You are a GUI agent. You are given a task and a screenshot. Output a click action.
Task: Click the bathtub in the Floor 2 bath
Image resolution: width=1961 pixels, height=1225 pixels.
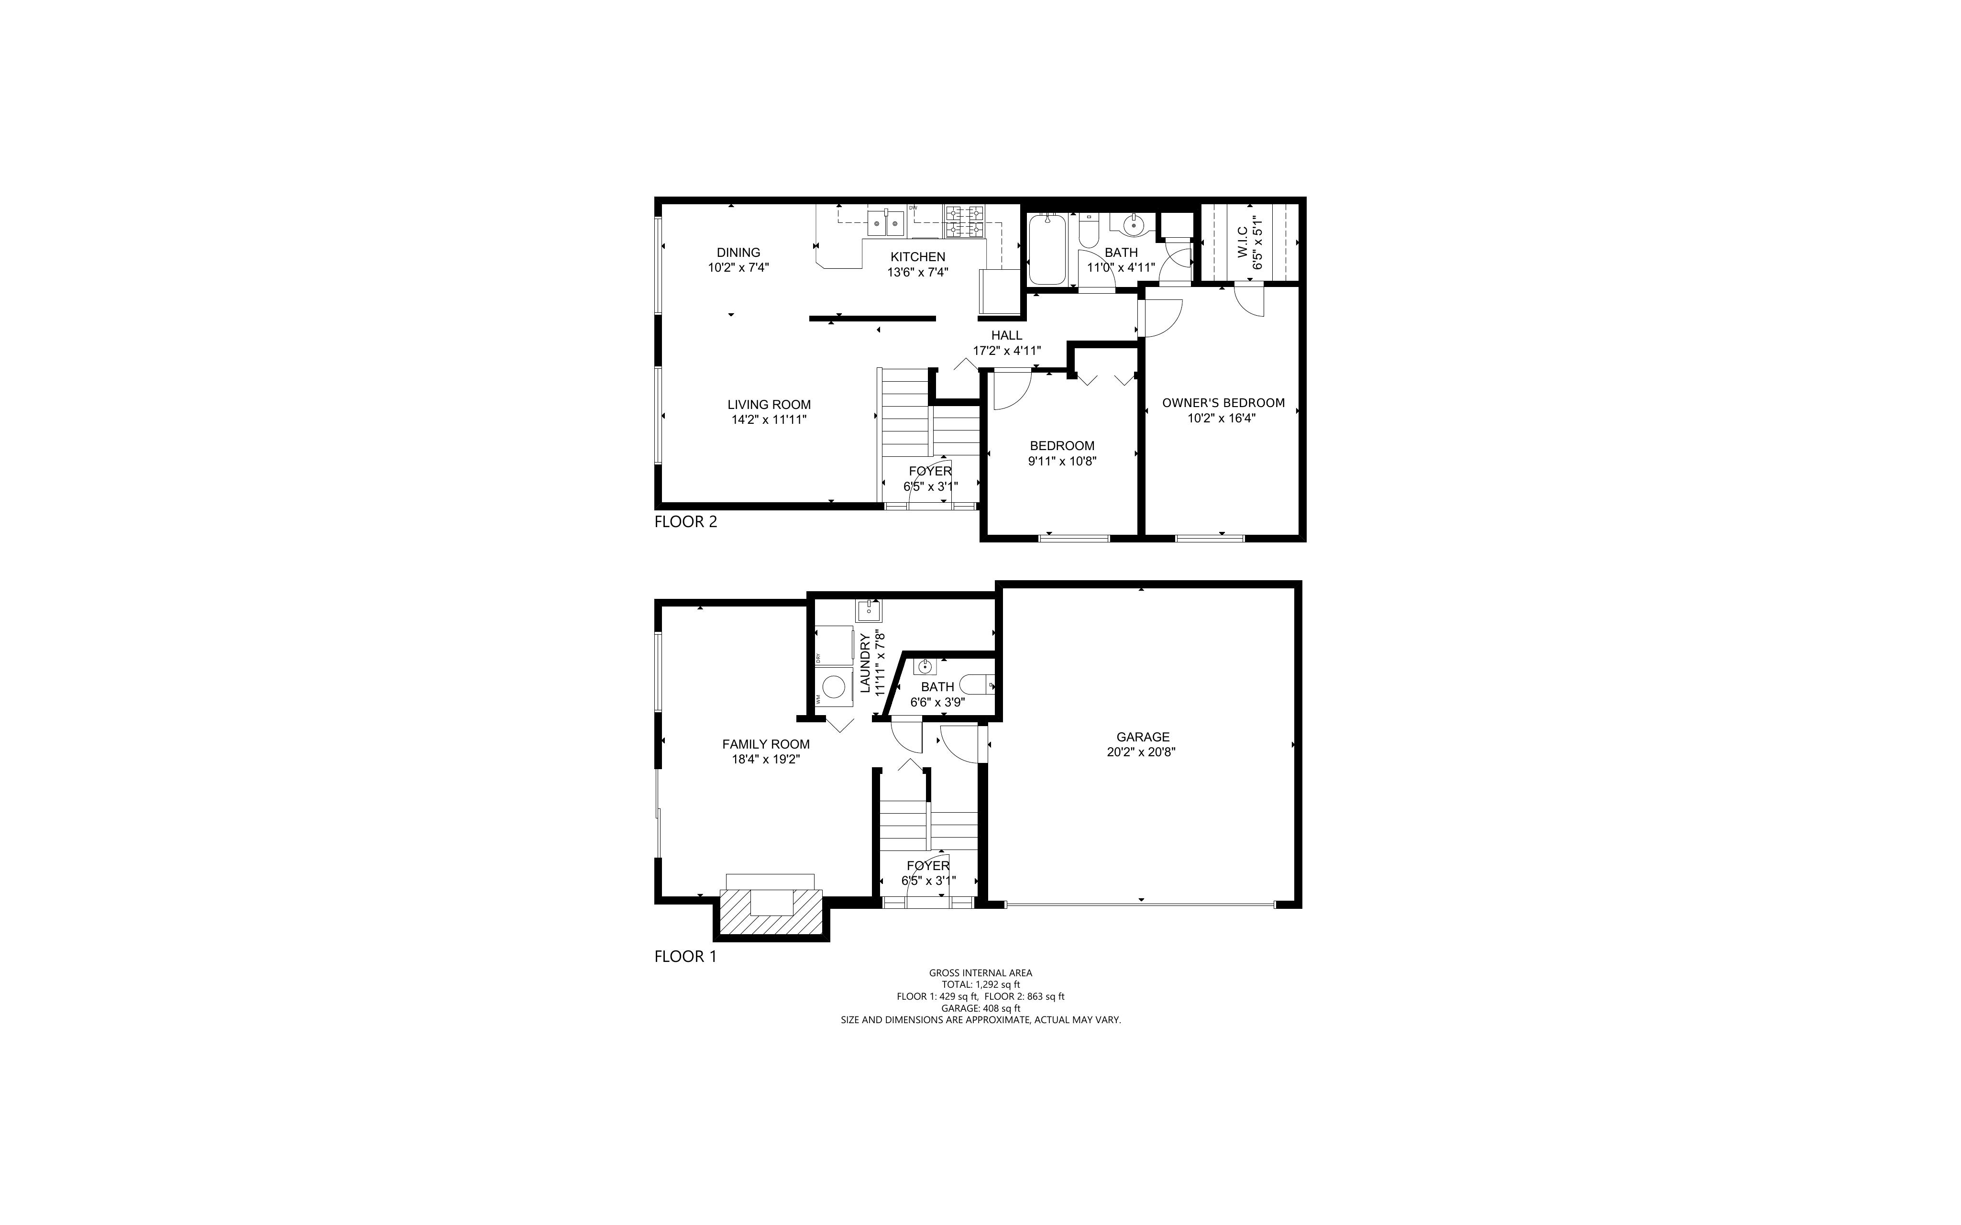tap(1047, 250)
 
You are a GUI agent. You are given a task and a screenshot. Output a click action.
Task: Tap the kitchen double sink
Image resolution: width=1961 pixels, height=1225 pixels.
tap(885, 221)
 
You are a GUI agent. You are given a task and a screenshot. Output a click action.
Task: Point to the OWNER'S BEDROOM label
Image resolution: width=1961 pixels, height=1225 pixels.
tap(1223, 403)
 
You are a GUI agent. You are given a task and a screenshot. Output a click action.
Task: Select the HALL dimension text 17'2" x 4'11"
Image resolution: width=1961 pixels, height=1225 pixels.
tap(1007, 351)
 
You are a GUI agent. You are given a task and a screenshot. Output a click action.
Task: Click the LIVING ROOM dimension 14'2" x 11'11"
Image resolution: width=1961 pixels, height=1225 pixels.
tap(769, 419)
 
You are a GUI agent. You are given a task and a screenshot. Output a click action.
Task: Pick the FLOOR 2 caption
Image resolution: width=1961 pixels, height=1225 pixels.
tap(686, 522)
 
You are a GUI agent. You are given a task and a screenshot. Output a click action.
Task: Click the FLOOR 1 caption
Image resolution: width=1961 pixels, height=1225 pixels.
tap(685, 957)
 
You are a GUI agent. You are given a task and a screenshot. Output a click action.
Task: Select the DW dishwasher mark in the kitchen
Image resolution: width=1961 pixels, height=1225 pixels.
tap(913, 208)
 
